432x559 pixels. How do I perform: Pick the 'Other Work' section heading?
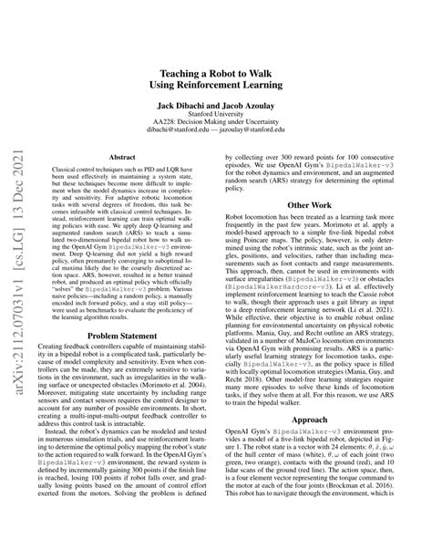point(309,206)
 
